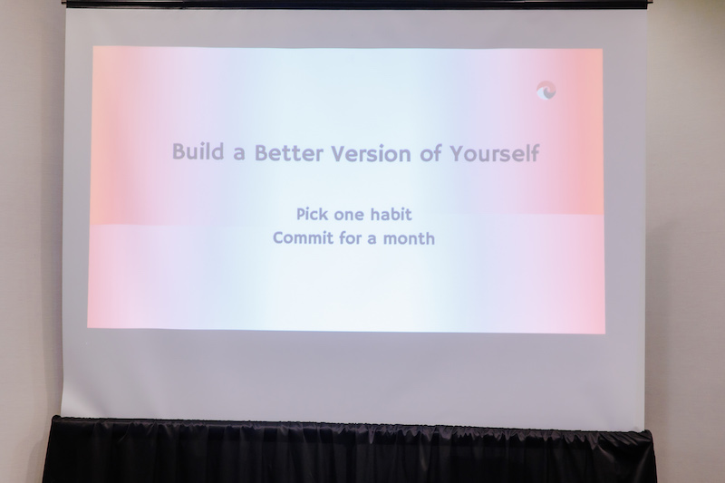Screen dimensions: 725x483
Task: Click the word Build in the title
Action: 198,151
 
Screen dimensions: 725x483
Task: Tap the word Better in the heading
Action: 288,153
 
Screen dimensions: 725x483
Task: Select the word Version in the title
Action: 371,154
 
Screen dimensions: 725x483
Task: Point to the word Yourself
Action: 495,153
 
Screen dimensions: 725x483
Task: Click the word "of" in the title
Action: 430,153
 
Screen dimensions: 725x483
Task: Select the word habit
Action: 391,214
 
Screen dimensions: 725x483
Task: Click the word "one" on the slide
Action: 348,216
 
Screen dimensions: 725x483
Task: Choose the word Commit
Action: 303,238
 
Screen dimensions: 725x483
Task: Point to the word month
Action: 410,238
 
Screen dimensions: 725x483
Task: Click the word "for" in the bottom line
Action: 350,238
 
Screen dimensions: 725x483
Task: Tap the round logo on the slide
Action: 546,90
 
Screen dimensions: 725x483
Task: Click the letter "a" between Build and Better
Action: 239,154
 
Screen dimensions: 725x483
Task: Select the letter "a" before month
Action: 372,240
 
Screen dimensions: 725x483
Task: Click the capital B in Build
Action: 179,151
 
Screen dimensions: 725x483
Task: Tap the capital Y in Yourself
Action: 458,152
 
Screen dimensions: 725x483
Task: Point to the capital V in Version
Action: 339,154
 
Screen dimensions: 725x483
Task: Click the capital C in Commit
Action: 278,238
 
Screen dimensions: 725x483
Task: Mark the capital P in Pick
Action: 301,214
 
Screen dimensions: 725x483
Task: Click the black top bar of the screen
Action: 356,5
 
